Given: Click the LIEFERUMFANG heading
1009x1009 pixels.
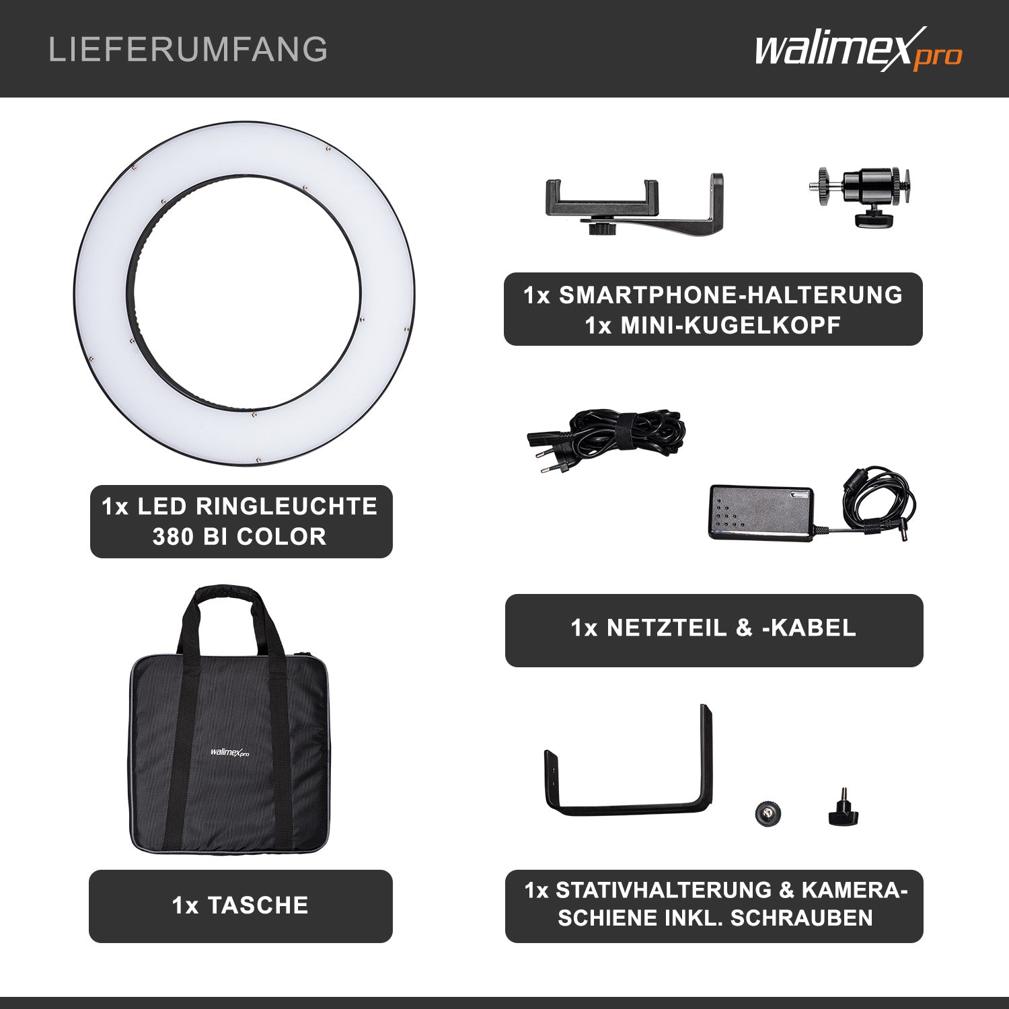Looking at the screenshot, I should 188,50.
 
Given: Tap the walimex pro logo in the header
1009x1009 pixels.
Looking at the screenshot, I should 858,49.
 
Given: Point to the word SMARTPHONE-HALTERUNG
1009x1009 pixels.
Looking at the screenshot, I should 731,295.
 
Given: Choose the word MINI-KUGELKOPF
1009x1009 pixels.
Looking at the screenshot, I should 731,326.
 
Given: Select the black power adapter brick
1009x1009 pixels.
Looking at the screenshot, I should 760,512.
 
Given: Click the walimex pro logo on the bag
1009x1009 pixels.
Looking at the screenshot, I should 229,753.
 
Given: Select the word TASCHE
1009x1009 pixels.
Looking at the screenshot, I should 258,905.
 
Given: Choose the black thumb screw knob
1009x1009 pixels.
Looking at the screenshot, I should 843,810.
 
